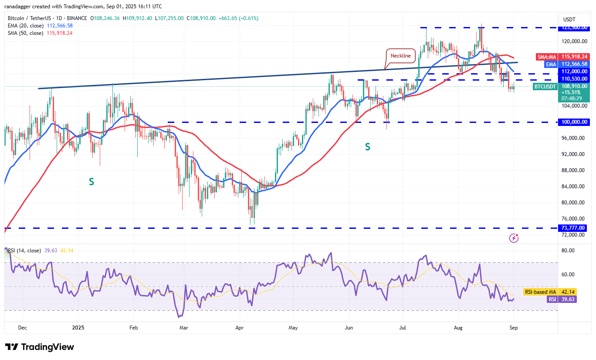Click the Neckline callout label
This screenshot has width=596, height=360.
click(x=400, y=56)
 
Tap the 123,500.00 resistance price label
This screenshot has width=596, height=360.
click(x=574, y=27)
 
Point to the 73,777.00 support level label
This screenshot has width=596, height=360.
click(x=574, y=228)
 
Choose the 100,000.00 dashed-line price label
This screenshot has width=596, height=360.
click(x=574, y=122)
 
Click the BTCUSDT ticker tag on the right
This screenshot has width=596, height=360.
click(x=545, y=86)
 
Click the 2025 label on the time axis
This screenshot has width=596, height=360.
click(x=78, y=327)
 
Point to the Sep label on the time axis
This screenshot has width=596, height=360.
click(x=514, y=327)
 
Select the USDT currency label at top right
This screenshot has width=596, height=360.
click(x=569, y=19)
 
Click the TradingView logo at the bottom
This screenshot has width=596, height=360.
click(x=40, y=347)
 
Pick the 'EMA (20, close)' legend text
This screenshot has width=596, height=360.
click(x=26, y=26)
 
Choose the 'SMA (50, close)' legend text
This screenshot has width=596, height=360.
click(x=26, y=33)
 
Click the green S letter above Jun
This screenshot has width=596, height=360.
click(x=367, y=147)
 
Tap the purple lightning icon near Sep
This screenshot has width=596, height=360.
click(x=514, y=238)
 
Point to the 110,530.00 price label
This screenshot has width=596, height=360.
click(x=574, y=79)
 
